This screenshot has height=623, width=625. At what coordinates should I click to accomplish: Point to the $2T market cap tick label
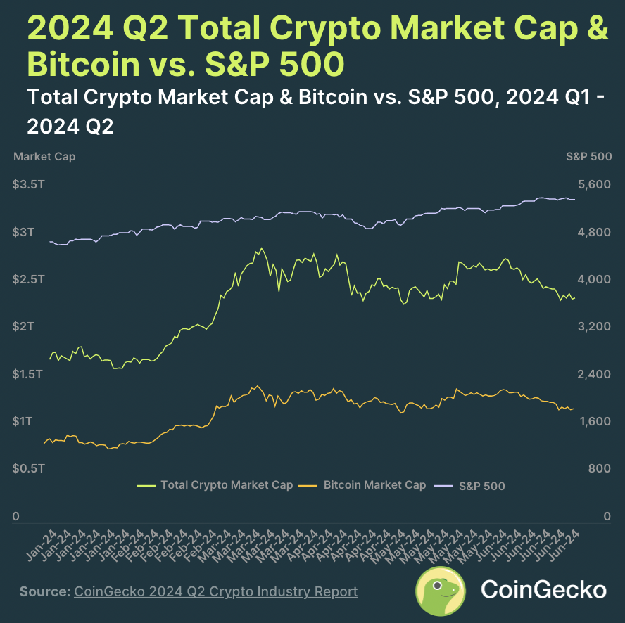[x=23, y=326]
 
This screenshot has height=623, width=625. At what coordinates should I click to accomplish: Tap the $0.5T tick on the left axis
[x=27, y=468]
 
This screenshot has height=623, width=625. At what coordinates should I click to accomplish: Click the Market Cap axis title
[x=44, y=157]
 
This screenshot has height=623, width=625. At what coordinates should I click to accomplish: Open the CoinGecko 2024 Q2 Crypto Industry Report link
[x=215, y=591]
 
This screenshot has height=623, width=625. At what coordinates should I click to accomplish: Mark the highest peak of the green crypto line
[x=262, y=248]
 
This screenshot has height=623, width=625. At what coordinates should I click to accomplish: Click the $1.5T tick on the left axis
[x=27, y=374]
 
